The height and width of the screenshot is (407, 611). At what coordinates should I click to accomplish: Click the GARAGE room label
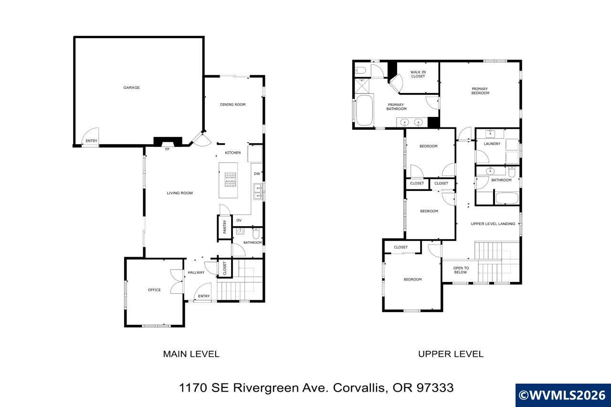131,88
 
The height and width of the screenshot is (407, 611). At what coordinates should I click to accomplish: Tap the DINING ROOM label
232,104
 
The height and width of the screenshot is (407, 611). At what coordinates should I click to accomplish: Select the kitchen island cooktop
231,180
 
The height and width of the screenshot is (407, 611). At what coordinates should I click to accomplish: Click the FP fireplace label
167,149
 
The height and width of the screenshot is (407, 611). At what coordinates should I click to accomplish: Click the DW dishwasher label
257,174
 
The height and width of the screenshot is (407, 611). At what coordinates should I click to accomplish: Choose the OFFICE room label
154,290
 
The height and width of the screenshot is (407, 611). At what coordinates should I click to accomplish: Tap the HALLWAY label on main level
196,273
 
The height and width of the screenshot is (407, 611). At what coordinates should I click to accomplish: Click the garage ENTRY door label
91,141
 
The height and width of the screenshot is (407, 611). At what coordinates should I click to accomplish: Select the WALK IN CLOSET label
418,74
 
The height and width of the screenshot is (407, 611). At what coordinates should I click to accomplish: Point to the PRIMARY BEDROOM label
480,91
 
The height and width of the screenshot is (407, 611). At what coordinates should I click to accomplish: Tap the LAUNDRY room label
492,144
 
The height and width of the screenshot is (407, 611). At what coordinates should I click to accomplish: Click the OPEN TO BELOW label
461,270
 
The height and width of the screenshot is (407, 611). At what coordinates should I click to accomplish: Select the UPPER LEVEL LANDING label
493,224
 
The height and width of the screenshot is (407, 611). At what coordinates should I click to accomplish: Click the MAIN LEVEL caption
191,354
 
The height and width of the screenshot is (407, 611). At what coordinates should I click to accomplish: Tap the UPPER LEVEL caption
451,354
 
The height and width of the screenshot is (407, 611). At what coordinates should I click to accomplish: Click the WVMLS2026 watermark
563,396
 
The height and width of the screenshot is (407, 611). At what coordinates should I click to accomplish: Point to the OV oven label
239,220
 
